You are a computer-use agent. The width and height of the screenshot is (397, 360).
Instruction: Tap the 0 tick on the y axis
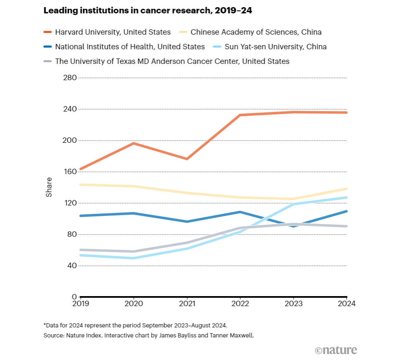[74, 297]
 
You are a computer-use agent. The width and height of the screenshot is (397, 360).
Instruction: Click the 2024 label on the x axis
[346, 304]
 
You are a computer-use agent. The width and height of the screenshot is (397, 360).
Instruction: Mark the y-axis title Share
[49, 187]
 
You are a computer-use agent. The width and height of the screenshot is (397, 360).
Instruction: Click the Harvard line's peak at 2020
[133, 143]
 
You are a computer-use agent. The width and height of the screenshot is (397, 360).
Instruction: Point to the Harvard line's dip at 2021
[187, 159]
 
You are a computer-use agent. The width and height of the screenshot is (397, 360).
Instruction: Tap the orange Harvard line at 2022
[240, 115]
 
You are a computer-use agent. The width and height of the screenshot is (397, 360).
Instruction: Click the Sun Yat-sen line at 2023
[294, 204]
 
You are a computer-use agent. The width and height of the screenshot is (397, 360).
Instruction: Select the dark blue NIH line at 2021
[187, 221]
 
